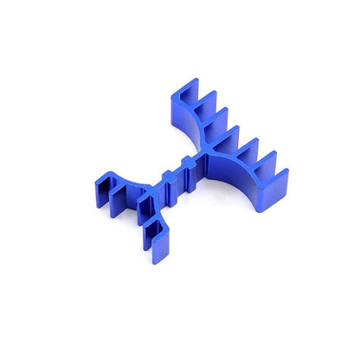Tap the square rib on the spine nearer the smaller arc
pyautogui.click(x=166, y=178)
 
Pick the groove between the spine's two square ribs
pyautogui.click(x=176, y=173)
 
